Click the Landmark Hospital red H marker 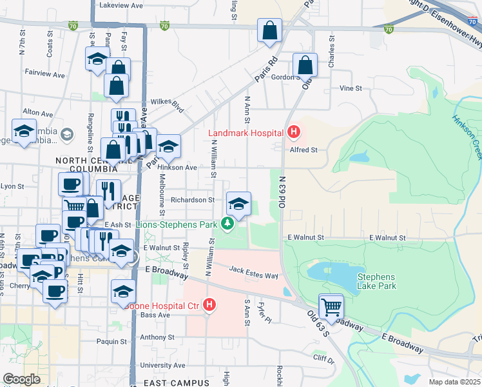point(294,133)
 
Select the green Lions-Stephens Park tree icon point(227,224)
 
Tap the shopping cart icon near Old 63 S point(331,306)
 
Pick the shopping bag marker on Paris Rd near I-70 point(269,30)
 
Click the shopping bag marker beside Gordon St point(305,65)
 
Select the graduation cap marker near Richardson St point(238,204)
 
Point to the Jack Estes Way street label point(253,273)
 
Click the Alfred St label point(304,150)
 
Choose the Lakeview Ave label point(121,5)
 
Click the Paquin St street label point(108,342)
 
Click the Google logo point(21,379)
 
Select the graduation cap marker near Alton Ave point(24,132)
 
